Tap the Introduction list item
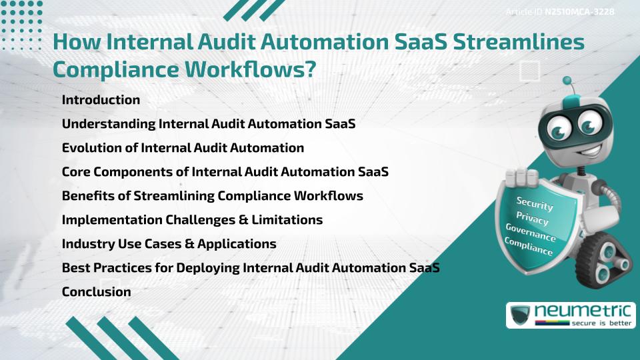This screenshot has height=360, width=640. pos(101,100)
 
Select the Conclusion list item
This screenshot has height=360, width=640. pos(96,291)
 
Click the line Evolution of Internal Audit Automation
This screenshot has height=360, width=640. pos(183,147)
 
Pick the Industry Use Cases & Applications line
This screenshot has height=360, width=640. pos(169,243)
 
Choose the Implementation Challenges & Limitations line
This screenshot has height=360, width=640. pos(192,219)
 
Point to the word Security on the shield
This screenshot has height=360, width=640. pos(535,203)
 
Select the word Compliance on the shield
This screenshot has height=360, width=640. pos(529,246)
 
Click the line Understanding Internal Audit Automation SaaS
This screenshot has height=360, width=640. pos(208,123)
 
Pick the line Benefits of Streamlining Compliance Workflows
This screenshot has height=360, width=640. pos(212,195)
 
